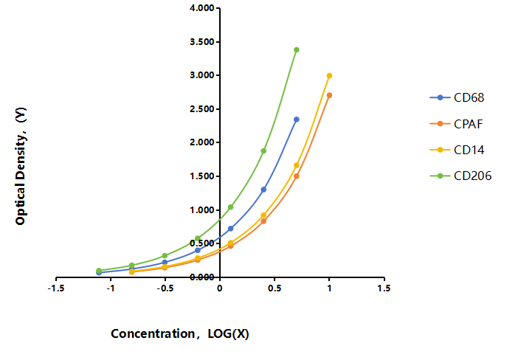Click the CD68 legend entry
point(457,97)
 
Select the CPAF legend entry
point(456,124)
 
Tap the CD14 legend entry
point(457,150)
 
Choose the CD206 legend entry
point(460,176)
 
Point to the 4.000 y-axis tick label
point(202,8)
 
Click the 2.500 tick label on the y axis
point(202,109)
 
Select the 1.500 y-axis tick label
point(202,176)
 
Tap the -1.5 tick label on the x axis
point(56,288)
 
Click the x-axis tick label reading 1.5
point(384,288)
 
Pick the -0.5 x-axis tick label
point(165,288)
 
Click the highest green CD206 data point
point(297,50)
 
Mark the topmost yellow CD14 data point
point(329,76)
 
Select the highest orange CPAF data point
point(329,95)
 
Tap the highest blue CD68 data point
point(297,120)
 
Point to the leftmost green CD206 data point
point(99,271)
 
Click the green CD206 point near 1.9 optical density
point(263,150)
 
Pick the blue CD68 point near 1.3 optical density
point(263,190)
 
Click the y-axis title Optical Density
point(21,166)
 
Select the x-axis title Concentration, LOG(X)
point(180,333)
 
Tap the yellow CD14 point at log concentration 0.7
point(297,165)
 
